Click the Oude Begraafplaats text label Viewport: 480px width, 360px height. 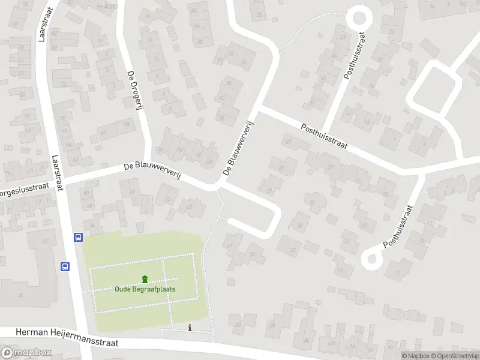[145, 289]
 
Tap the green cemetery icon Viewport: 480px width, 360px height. [145, 279]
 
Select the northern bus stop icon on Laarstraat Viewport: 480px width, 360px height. [78, 237]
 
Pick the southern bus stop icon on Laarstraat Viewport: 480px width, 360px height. [65, 266]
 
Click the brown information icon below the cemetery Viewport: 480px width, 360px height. [190, 328]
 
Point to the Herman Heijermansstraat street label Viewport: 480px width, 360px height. [67, 337]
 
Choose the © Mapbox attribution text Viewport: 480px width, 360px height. [416, 356]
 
